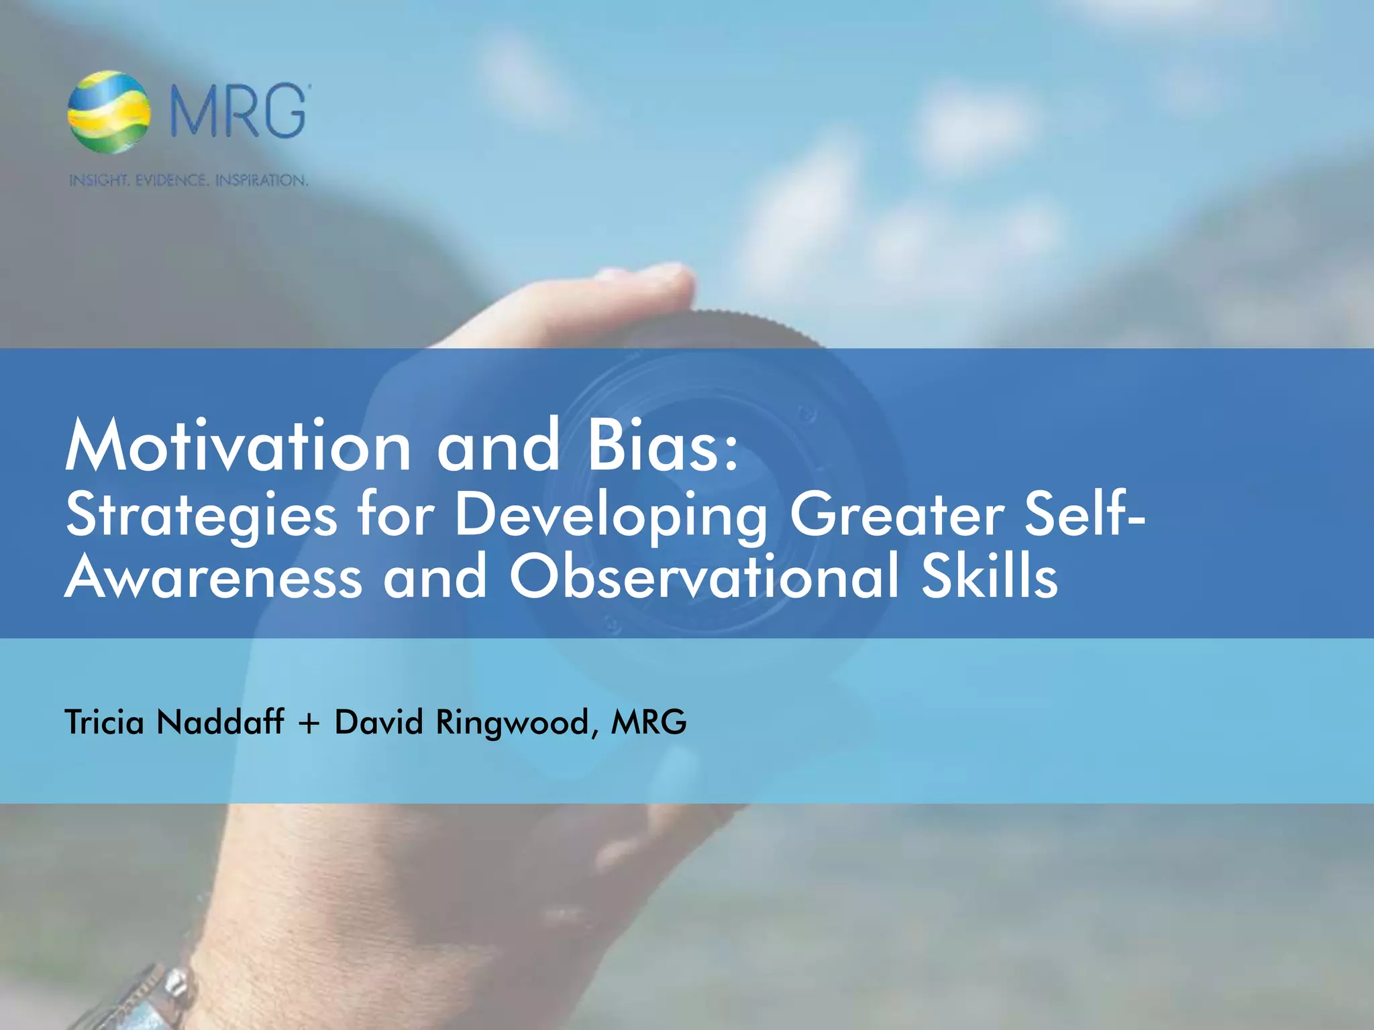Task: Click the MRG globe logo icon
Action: (109, 112)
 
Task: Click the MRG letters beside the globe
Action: (238, 112)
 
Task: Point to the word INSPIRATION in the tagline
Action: (261, 180)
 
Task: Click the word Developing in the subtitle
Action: (611, 515)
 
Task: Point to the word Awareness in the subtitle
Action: (213, 577)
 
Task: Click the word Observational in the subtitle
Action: (704, 577)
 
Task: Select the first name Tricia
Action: (105, 722)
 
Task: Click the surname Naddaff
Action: (220, 722)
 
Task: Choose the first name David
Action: (379, 722)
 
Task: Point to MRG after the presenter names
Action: (649, 722)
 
